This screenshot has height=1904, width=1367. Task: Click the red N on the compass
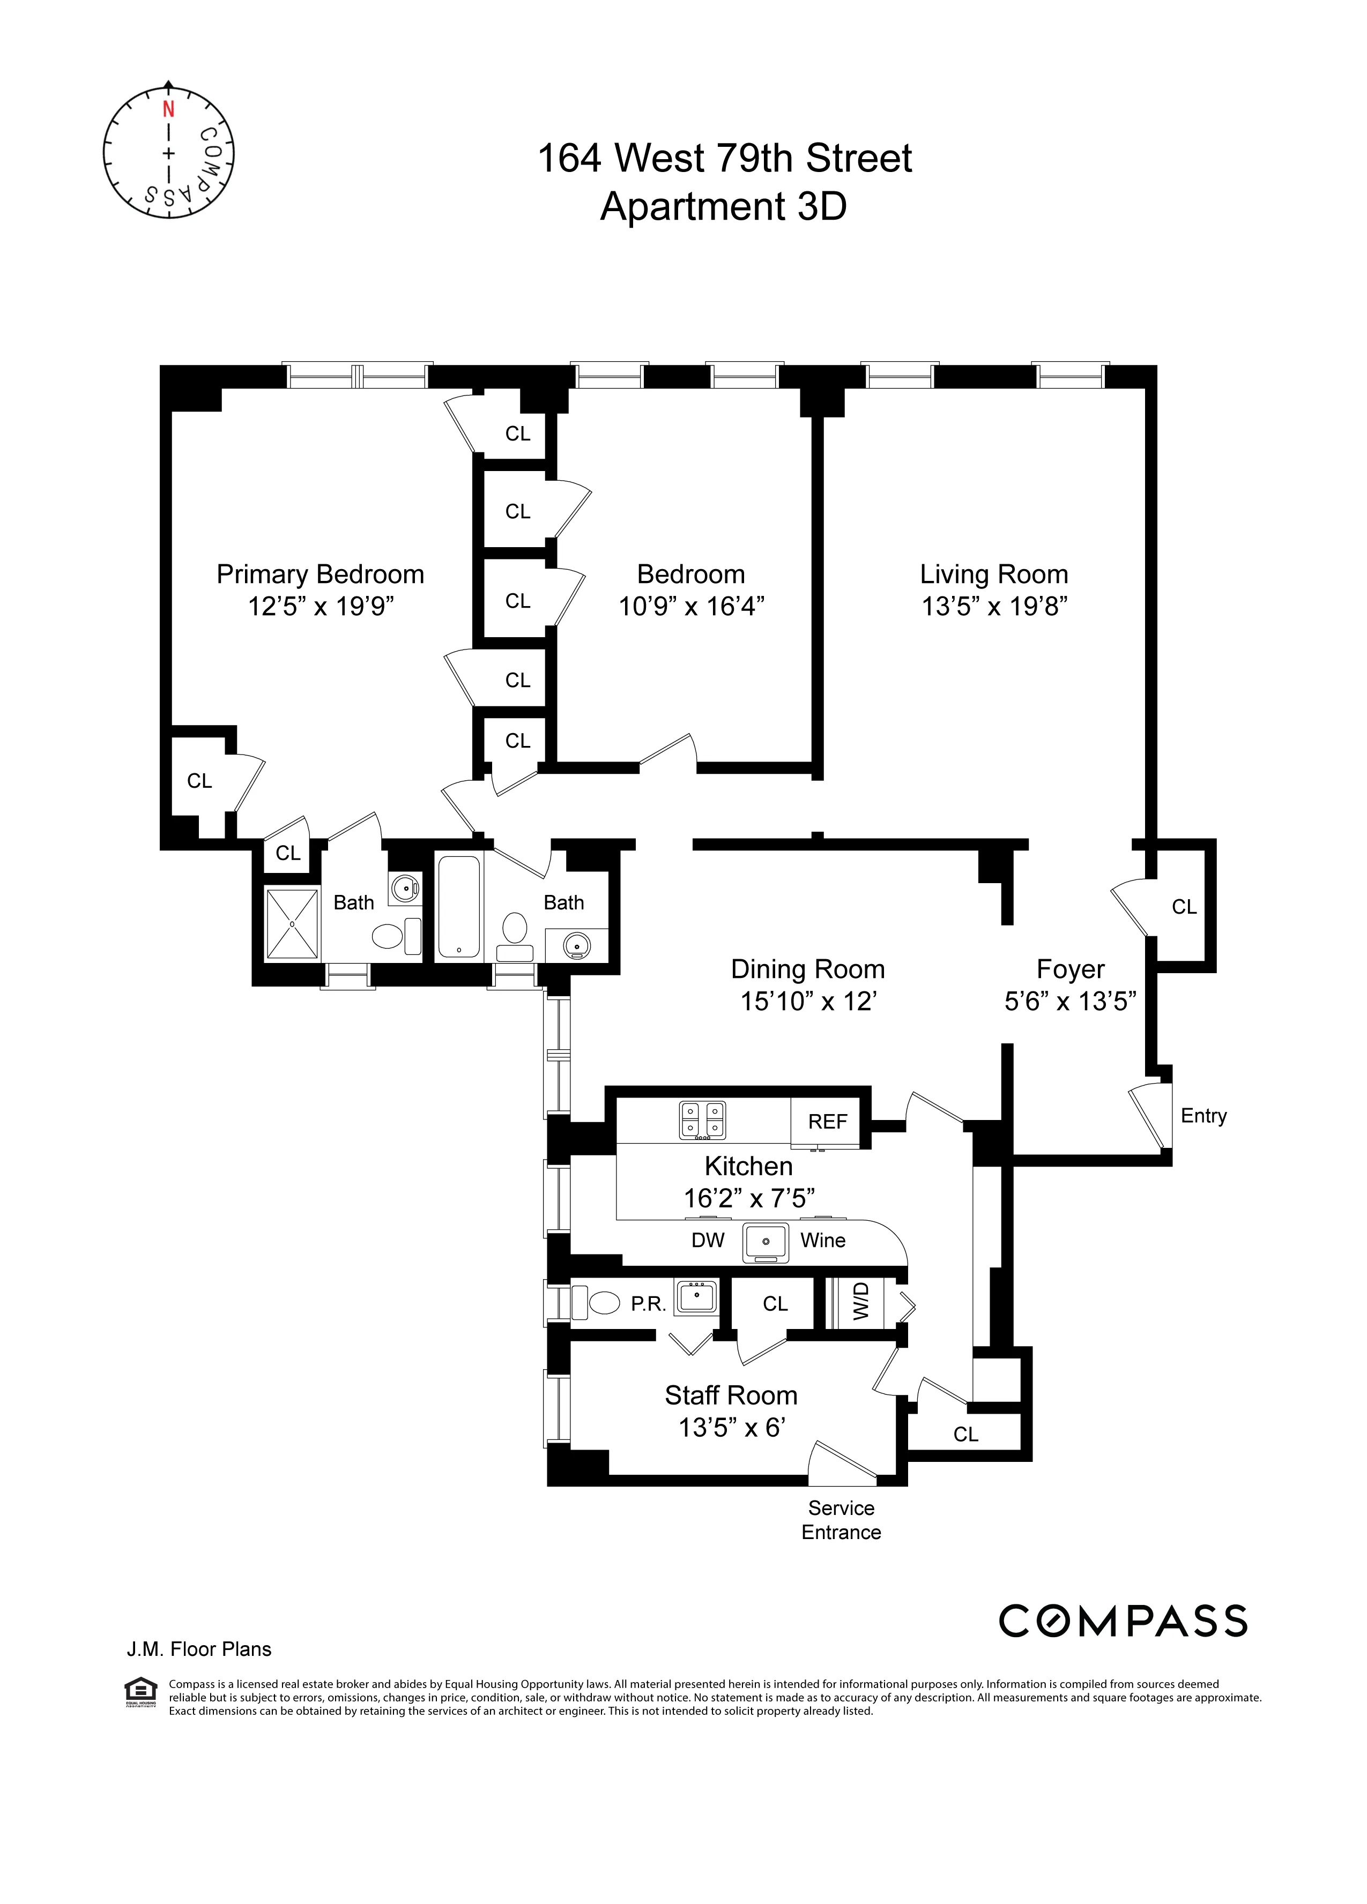(x=169, y=109)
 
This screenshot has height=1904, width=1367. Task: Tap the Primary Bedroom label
(x=320, y=574)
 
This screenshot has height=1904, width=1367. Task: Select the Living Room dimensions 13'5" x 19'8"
(x=994, y=606)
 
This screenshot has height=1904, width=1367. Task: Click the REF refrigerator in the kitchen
(x=827, y=1122)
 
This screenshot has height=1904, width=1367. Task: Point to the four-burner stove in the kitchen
(x=702, y=1120)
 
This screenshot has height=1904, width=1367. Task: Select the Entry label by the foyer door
(x=1203, y=1116)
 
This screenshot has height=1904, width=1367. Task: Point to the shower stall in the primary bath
(x=292, y=923)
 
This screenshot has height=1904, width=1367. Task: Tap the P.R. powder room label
(x=648, y=1304)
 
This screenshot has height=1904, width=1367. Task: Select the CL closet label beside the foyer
(x=1184, y=907)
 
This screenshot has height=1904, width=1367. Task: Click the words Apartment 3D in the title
(x=723, y=206)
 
